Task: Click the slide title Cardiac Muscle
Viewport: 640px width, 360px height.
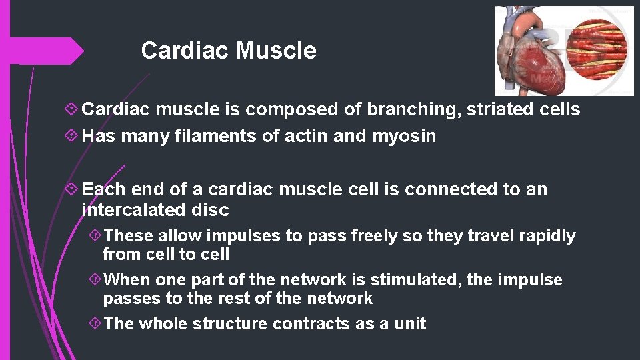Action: click(229, 51)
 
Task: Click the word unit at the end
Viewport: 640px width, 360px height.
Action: click(409, 324)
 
